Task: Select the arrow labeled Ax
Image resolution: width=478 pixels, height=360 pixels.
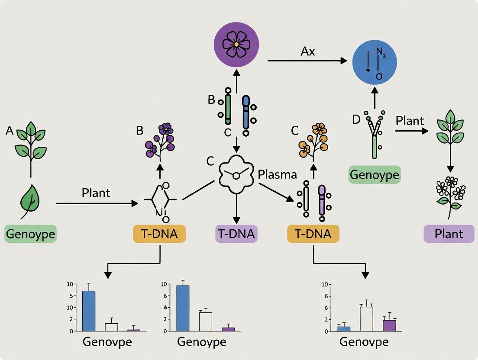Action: click(x=307, y=61)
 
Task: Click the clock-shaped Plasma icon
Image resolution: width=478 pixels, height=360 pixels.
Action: click(x=236, y=174)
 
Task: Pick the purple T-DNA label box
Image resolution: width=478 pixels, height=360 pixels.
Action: click(x=236, y=234)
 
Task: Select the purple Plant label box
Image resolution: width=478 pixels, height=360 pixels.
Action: click(x=449, y=234)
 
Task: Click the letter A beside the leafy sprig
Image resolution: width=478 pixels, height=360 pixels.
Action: click(x=10, y=131)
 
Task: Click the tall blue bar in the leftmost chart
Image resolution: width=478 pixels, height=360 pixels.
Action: click(x=88, y=310)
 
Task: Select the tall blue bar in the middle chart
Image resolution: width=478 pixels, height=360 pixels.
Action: click(x=183, y=308)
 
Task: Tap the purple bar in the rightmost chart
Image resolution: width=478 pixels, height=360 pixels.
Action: click(x=390, y=325)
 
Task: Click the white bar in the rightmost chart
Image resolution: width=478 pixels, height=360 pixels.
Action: click(x=366, y=318)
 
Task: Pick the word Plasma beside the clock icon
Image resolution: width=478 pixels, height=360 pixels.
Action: click(x=277, y=175)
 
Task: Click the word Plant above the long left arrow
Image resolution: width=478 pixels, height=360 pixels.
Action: click(x=96, y=193)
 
